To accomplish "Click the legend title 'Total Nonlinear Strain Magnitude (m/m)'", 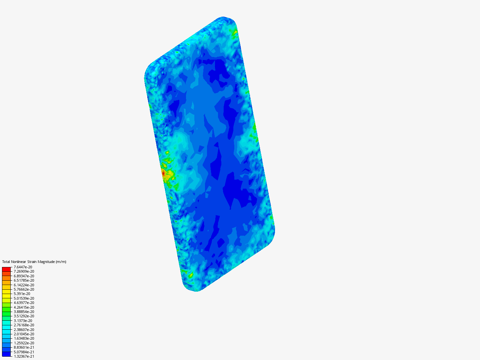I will (34, 262).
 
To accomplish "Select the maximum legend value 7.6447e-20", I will (23, 267).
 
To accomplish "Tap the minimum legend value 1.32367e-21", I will (24, 356).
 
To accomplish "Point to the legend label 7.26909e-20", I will (24, 271).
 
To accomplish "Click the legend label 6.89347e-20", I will (24, 276).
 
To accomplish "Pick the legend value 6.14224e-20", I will (24, 285).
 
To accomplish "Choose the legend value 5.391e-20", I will (22, 294).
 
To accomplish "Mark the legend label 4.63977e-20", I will (24, 303).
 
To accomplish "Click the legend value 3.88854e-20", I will (24, 312).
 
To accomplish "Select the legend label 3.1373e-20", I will (23, 321).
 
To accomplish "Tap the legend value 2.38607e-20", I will (24, 329).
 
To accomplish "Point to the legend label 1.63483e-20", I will (24, 338).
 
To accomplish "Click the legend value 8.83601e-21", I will (24, 347).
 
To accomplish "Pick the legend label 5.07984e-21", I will (24, 352).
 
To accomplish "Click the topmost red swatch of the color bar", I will (6, 269).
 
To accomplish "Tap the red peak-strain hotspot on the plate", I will (163, 173).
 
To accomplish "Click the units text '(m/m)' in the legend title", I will (61, 262).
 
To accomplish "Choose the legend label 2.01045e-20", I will (24, 334).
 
